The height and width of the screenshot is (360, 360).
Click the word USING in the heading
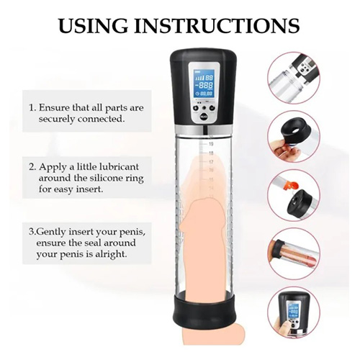coord(93,25)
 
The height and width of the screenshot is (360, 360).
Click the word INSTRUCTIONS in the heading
coord(217,25)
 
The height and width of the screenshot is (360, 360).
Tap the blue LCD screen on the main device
coord(204,84)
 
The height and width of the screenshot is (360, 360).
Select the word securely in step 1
coord(57,120)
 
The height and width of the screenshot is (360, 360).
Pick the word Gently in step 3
coord(50,232)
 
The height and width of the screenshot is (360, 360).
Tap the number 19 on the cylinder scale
coord(211,144)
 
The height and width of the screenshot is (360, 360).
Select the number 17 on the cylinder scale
coord(211,162)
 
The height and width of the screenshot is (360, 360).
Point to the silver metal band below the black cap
coord(204,130)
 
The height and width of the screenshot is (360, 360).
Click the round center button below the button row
coord(204,117)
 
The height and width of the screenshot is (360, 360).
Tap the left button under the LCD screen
coord(196,108)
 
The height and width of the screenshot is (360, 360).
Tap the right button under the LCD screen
coord(212,108)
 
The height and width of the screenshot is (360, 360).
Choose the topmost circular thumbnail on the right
coord(294,78)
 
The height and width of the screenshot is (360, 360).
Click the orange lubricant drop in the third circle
coord(290,186)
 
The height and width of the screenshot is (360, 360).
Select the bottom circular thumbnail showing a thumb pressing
coord(294,312)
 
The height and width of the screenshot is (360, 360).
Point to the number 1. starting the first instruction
coord(32,108)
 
